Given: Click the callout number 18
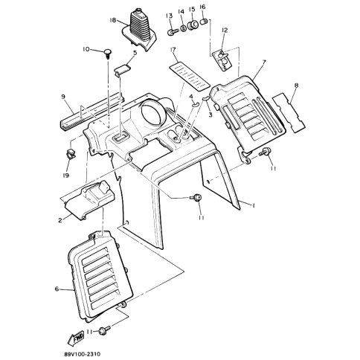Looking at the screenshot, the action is pyautogui.click(x=113, y=20).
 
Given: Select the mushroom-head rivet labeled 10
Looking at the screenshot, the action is pyautogui.click(x=107, y=54).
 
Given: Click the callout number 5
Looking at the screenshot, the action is pyautogui.click(x=135, y=53).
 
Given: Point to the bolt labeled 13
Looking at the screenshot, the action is pyautogui.click(x=173, y=32).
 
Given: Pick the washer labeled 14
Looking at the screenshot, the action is pyautogui.click(x=183, y=28).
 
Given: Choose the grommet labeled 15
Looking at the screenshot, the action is pyautogui.click(x=193, y=25).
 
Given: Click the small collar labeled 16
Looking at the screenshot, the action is pyautogui.click(x=203, y=22).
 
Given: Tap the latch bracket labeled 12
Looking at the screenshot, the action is pyautogui.click(x=223, y=60).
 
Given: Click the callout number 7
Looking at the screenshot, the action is pyautogui.click(x=264, y=61).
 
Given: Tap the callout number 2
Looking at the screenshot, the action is pyautogui.click(x=60, y=220).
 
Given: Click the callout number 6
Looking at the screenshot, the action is pyautogui.click(x=57, y=289).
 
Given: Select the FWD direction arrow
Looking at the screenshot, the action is pyautogui.click(x=76, y=338).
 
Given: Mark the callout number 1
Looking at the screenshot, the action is pyautogui.click(x=254, y=205).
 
